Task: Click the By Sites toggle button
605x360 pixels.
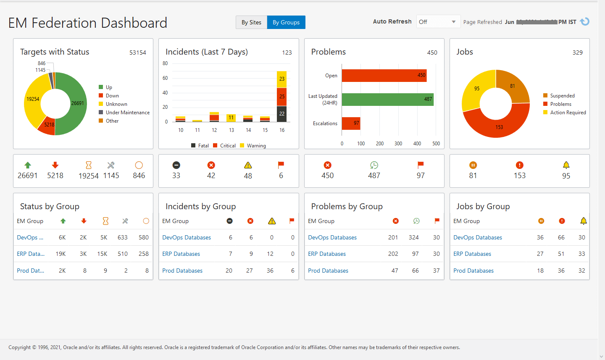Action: click(x=251, y=22)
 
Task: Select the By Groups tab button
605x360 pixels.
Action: click(x=286, y=22)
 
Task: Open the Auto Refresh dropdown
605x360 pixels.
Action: click(x=438, y=22)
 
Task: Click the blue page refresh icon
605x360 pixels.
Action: click(x=584, y=22)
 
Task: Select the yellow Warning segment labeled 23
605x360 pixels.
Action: click(x=281, y=79)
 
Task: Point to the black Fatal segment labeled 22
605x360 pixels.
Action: click(x=281, y=114)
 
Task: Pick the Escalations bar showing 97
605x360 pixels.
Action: click(x=351, y=124)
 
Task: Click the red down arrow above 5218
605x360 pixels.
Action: click(x=55, y=165)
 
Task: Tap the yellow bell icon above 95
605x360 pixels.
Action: click(x=566, y=165)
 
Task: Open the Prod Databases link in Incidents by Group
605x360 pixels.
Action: click(x=182, y=271)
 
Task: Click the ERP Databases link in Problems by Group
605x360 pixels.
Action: click(x=327, y=254)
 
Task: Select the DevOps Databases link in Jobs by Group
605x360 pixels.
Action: click(x=478, y=237)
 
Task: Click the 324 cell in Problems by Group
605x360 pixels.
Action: click(x=413, y=237)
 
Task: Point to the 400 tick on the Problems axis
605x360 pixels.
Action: click(x=417, y=144)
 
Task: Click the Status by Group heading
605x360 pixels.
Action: click(x=50, y=206)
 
